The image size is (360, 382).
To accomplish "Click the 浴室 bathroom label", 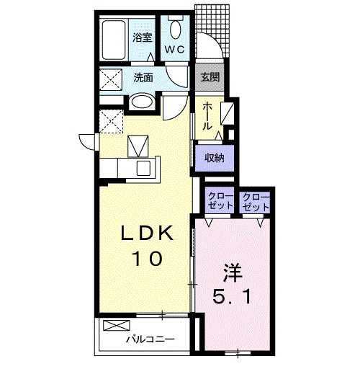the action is tap(143, 37).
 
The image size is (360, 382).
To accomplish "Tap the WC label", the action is tap(175, 50).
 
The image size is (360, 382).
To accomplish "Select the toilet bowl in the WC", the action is tap(176, 30).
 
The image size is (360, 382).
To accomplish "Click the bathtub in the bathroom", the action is tap(114, 40).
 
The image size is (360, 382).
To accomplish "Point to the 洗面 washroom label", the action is tap(143, 77).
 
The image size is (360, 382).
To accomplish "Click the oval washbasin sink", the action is tap(142, 102).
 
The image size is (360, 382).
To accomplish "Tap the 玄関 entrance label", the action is tap(210, 77).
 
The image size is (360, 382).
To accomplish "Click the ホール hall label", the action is tap(207, 116).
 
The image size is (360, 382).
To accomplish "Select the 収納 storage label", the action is tap(214, 159).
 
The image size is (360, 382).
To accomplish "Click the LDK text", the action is tap(148, 234).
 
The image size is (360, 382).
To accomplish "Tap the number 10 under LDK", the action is tap(148, 259).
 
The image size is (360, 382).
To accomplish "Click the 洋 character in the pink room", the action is tap(233, 272).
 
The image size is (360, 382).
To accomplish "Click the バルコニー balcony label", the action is tap(150, 339).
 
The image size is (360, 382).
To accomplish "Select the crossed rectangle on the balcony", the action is tap(117, 326).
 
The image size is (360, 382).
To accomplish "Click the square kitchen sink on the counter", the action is tap(143, 168).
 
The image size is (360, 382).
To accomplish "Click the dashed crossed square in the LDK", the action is tap(111, 121).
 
